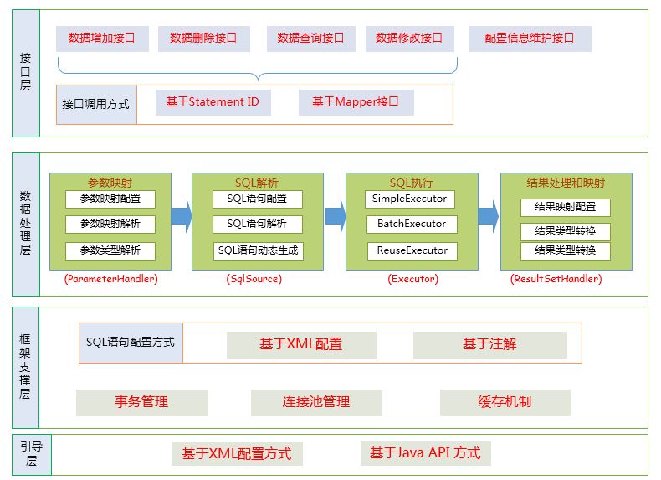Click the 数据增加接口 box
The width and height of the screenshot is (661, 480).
(x=102, y=39)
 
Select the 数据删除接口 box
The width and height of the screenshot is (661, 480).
(x=204, y=39)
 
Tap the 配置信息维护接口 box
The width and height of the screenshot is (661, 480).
(x=530, y=39)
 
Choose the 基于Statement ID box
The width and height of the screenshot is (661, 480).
(x=213, y=102)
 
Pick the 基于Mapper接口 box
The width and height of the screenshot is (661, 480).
(x=356, y=102)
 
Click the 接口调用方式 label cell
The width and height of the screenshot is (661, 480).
(x=96, y=105)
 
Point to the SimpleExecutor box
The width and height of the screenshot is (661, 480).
(x=410, y=199)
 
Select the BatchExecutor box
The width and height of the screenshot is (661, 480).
(x=412, y=225)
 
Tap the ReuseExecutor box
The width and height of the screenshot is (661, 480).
(x=412, y=250)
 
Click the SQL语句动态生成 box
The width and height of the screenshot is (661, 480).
(x=258, y=250)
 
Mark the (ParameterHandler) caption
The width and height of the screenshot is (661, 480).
(x=111, y=279)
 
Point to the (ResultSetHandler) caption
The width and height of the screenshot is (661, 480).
(x=556, y=279)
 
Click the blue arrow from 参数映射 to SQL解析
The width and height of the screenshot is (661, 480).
(x=182, y=216)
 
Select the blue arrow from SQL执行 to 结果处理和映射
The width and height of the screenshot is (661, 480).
(x=489, y=216)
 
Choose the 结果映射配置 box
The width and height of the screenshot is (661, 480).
(x=566, y=207)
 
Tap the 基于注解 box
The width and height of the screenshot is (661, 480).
(x=489, y=344)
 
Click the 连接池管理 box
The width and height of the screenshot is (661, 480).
(x=316, y=403)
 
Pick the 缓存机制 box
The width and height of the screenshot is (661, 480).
(x=505, y=403)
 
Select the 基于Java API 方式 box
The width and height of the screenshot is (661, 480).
(x=426, y=454)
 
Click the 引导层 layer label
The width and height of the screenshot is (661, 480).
(x=32, y=455)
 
